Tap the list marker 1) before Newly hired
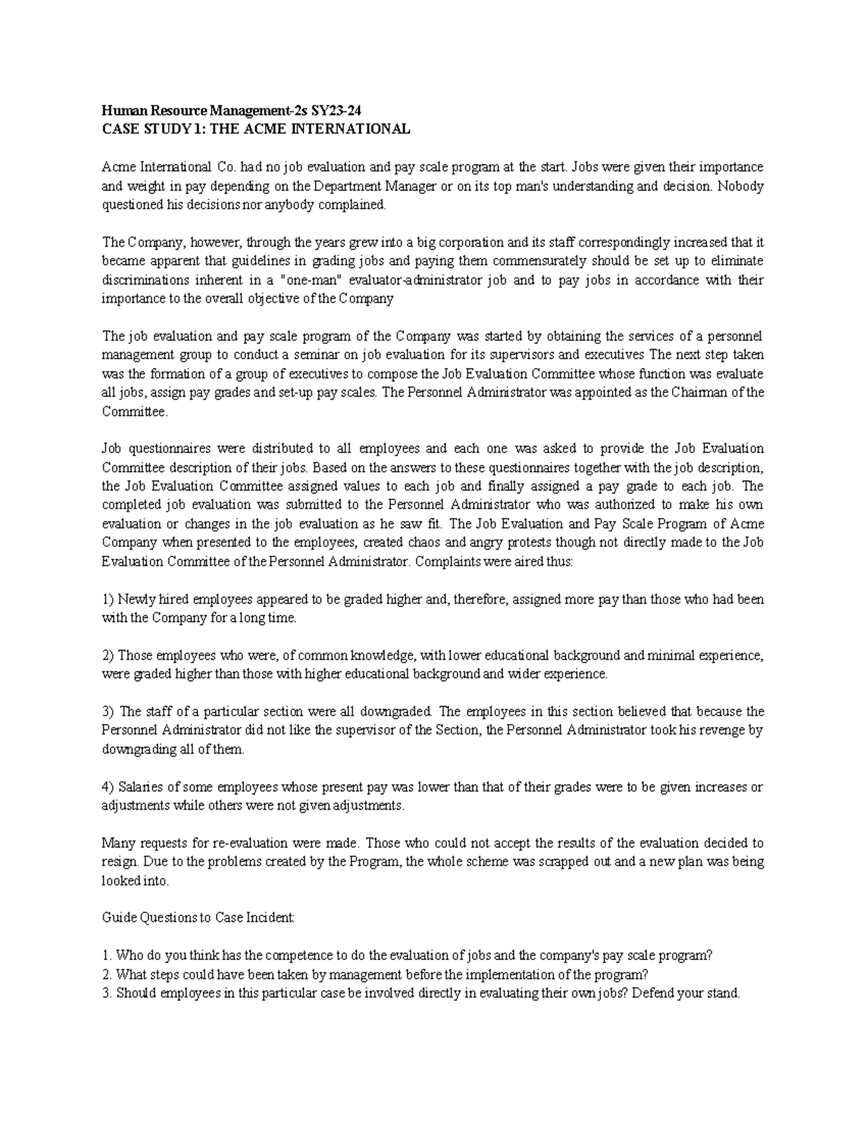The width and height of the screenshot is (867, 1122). coord(108,599)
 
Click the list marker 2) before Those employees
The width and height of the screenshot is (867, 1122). coord(108,656)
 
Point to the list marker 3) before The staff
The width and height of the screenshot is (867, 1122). coord(108,712)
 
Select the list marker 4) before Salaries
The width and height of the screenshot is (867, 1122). coord(108,787)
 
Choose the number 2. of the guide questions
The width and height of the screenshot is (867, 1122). coord(107,974)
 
